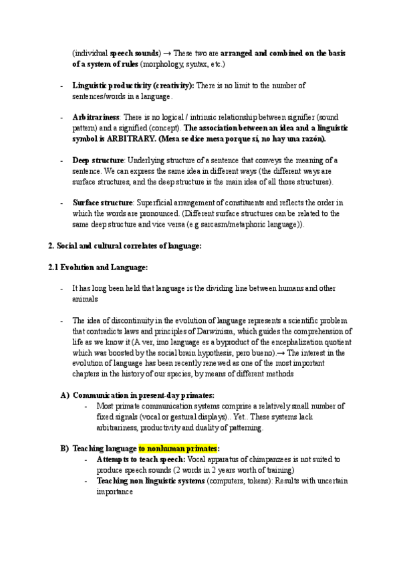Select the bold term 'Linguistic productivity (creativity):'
click(x=133, y=86)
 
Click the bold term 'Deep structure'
click(x=98, y=160)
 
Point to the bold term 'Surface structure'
click(x=102, y=203)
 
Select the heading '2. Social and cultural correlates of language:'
click(x=124, y=245)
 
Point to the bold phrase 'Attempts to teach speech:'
click(x=140, y=460)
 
